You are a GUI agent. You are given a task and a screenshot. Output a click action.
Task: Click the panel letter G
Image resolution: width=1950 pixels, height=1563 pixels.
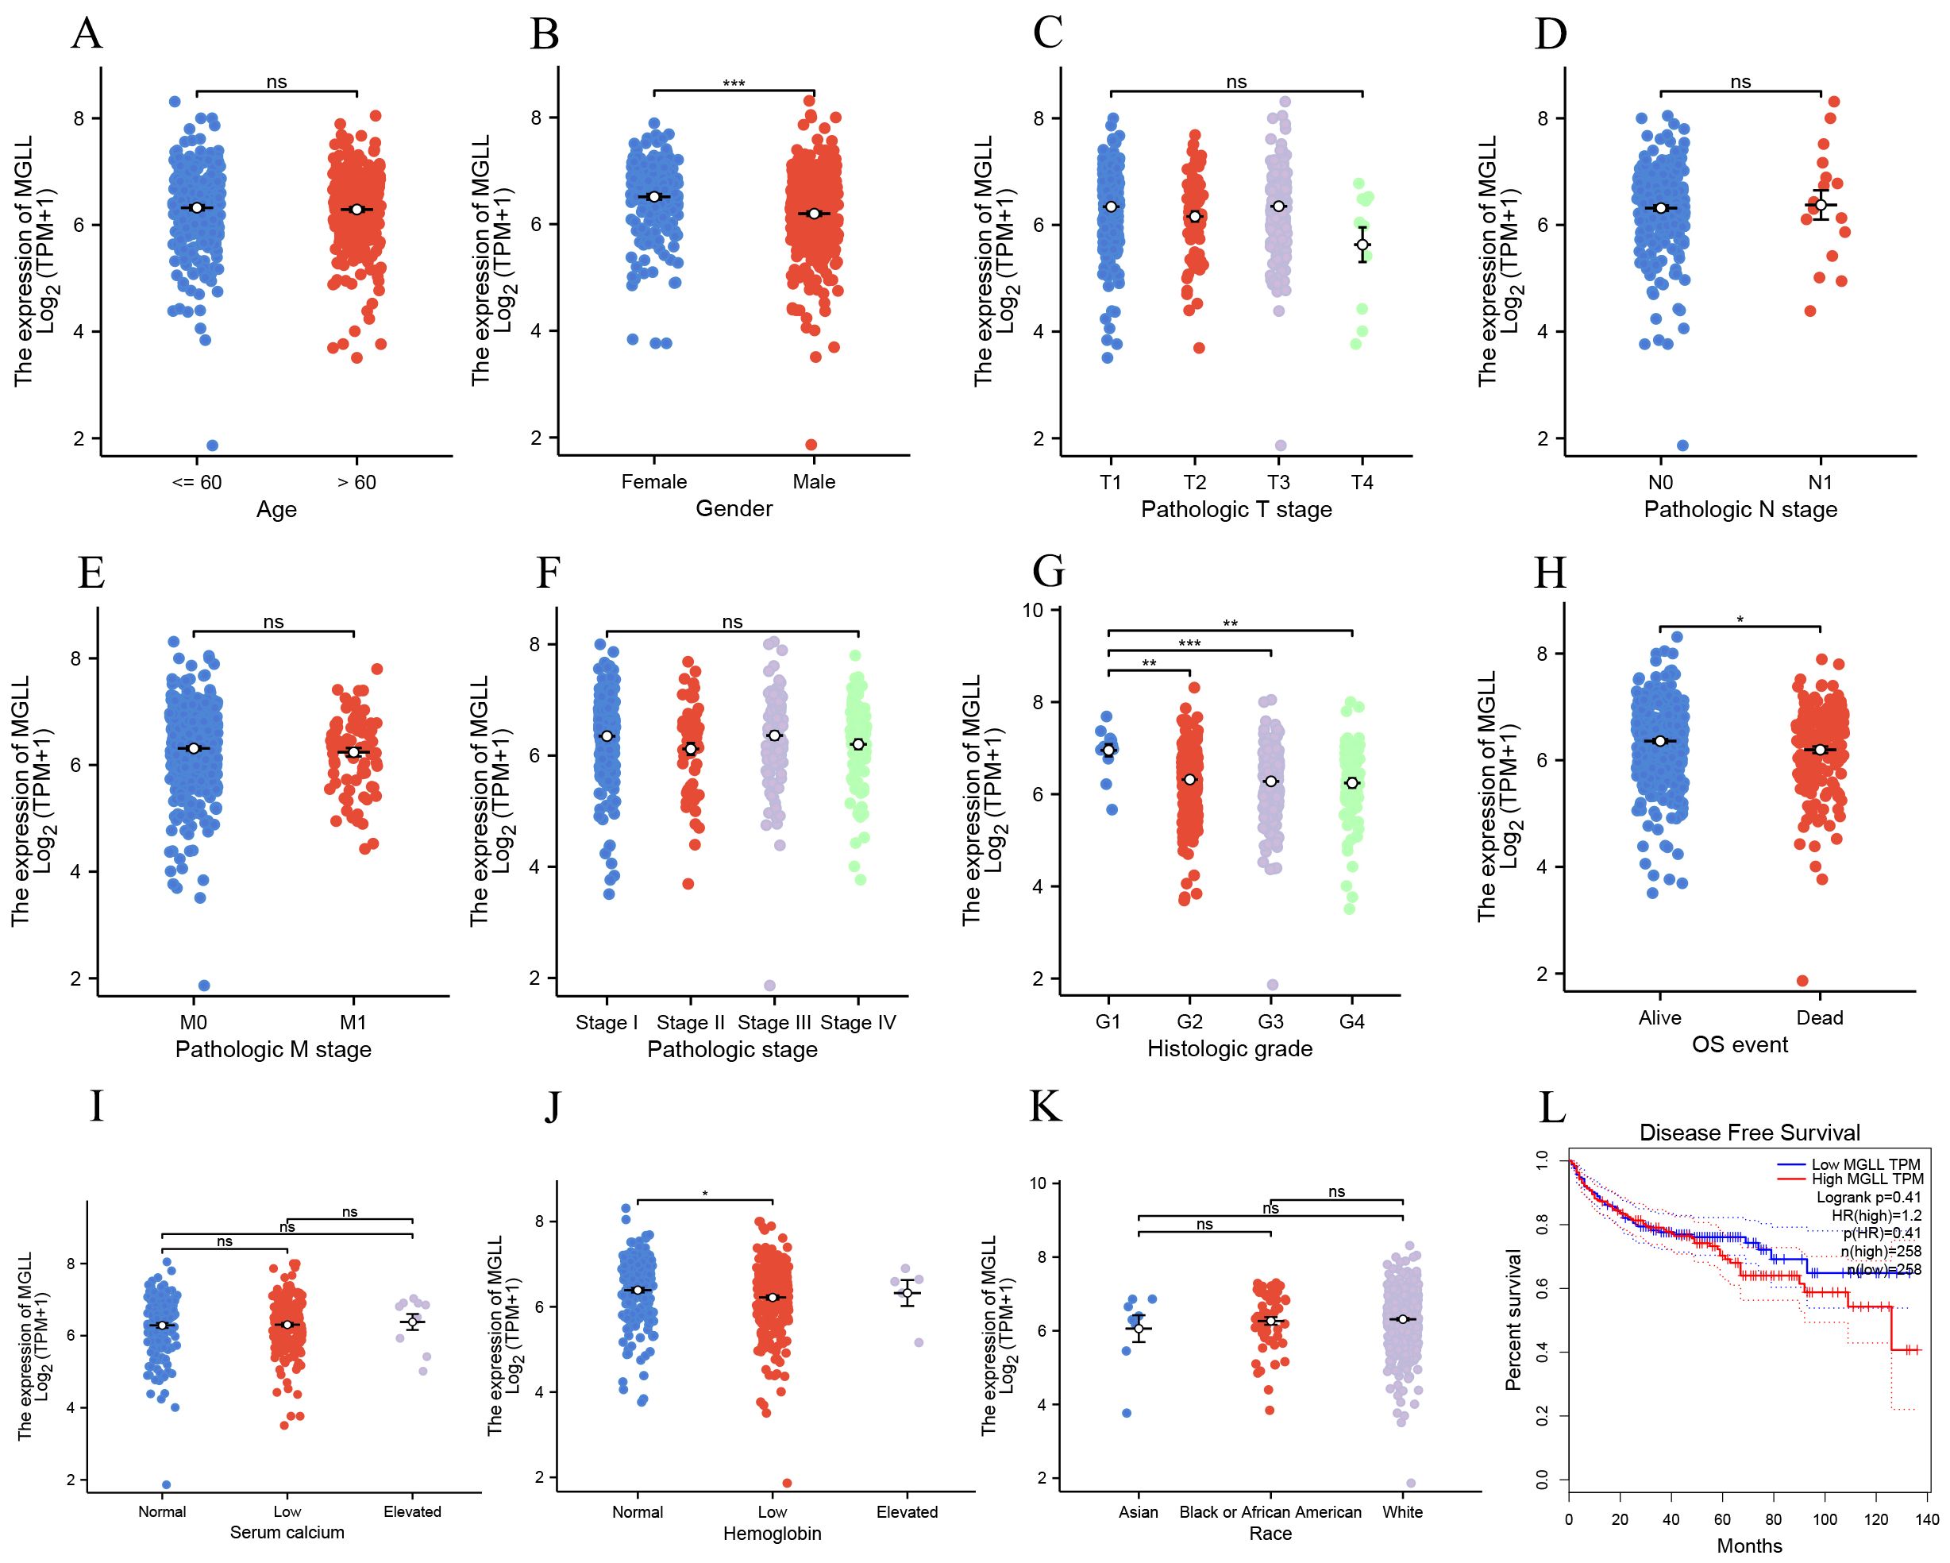click(1048, 572)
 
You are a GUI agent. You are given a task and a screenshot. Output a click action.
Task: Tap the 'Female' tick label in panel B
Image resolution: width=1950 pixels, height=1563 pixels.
click(654, 482)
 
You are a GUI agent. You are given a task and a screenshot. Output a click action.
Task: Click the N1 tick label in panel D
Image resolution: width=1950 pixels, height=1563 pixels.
click(1821, 482)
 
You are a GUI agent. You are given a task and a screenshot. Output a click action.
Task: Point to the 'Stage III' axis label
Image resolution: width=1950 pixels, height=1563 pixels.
click(774, 1022)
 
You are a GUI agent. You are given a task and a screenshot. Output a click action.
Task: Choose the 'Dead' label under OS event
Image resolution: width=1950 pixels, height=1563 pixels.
click(1820, 1017)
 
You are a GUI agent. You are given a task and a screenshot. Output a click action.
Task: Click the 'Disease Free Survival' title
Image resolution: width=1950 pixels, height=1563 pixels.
click(1749, 1133)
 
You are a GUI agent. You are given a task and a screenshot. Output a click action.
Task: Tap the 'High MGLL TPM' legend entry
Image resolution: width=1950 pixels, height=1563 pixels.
click(1867, 1179)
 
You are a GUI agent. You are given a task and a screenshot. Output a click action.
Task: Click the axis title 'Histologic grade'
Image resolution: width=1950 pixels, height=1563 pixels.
click(1229, 1048)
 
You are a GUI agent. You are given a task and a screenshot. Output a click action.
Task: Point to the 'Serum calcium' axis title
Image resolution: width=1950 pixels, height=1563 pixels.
click(287, 1532)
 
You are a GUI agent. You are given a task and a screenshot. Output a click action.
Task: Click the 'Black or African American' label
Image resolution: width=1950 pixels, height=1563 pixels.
click(1270, 1512)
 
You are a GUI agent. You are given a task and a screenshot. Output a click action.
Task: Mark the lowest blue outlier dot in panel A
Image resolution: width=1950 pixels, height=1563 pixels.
click(213, 445)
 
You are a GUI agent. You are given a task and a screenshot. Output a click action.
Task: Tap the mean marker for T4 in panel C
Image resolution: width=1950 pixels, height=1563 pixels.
click(1362, 245)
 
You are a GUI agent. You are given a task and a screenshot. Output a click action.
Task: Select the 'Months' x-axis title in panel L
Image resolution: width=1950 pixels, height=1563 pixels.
click(1749, 1546)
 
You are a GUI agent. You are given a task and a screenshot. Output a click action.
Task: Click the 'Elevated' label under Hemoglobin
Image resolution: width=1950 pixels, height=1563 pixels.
click(908, 1512)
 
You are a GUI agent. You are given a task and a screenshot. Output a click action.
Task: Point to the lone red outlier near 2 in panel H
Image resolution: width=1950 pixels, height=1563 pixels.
click(1802, 981)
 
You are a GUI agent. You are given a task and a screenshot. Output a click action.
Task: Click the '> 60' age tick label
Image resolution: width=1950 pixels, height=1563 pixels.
click(356, 482)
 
